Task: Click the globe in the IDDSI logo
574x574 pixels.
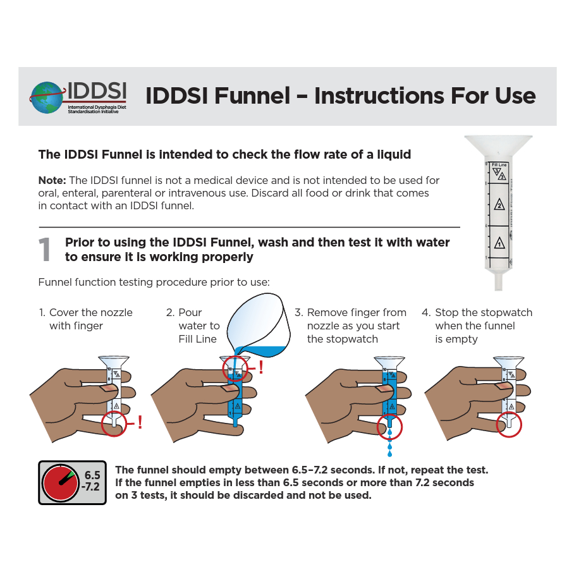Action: point(47,97)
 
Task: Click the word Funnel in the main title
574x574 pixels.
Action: point(252,96)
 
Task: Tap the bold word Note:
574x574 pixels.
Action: point(52,180)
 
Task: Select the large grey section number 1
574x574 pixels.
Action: point(45,249)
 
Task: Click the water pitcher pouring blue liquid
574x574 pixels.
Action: point(259,326)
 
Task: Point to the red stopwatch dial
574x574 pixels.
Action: point(61,483)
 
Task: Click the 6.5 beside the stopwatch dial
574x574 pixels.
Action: point(92,475)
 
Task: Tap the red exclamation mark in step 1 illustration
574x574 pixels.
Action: point(140,422)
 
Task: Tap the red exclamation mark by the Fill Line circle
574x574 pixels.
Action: point(261,367)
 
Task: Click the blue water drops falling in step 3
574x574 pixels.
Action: point(389,443)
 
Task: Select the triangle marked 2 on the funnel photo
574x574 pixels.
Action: point(499,205)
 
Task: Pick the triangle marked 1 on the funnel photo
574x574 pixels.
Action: point(499,243)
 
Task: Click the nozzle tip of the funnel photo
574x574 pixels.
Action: point(498,288)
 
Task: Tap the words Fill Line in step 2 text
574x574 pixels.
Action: point(198,339)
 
